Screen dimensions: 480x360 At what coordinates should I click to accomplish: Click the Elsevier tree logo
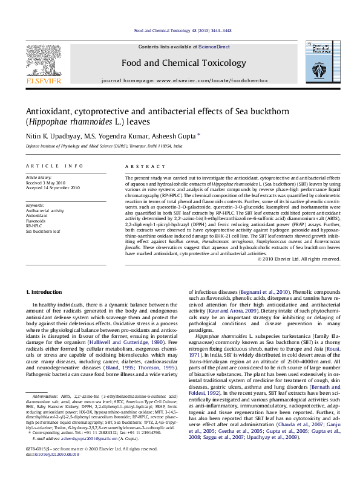42,60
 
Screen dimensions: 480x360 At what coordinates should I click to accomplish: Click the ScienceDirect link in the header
214,47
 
